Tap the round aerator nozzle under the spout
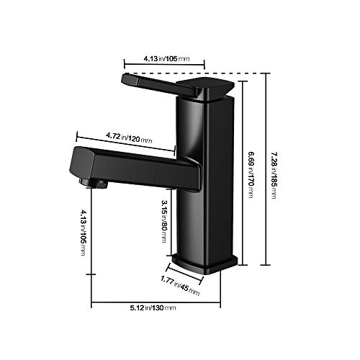[99, 185]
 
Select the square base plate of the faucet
[207, 264]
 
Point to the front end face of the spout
[81, 162]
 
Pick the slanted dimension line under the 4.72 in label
[126, 143]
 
